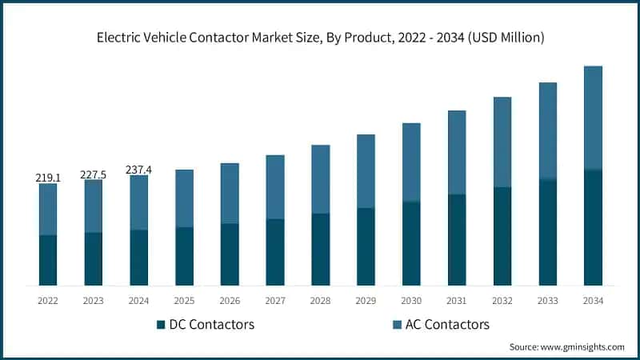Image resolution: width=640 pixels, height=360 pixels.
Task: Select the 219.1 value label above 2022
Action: (x=48, y=178)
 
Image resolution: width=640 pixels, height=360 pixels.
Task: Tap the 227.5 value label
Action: (x=94, y=174)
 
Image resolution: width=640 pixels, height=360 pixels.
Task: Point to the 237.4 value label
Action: (x=139, y=170)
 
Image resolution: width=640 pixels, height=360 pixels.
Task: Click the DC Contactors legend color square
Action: (x=161, y=325)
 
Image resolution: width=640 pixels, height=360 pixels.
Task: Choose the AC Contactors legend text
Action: (x=442, y=325)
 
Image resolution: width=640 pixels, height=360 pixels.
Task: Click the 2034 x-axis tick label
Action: (x=593, y=301)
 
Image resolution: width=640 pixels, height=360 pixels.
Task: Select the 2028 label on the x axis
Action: (x=320, y=301)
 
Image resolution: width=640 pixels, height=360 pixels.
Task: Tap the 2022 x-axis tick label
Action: (x=48, y=301)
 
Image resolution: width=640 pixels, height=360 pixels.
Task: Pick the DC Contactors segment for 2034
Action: (x=593, y=228)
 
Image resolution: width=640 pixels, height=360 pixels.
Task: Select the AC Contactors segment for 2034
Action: (x=593, y=118)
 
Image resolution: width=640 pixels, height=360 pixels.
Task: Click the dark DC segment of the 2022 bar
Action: (x=48, y=260)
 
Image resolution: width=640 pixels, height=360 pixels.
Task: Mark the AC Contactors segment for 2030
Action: (x=411, y=162)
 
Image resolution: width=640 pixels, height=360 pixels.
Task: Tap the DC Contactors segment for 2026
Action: (x=230, y=254)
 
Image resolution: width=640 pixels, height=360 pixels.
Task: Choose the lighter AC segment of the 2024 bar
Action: (x=139, y=202)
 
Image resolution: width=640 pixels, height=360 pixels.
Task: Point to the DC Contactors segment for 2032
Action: (x=502, y=236)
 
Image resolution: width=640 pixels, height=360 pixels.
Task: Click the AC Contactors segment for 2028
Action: (x=320, y=179)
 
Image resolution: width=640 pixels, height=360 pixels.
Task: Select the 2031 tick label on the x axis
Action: (x=457, y=301)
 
